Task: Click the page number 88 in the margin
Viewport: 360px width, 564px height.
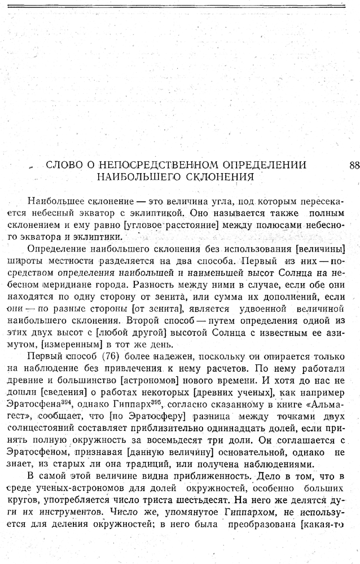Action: (354, 165)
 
